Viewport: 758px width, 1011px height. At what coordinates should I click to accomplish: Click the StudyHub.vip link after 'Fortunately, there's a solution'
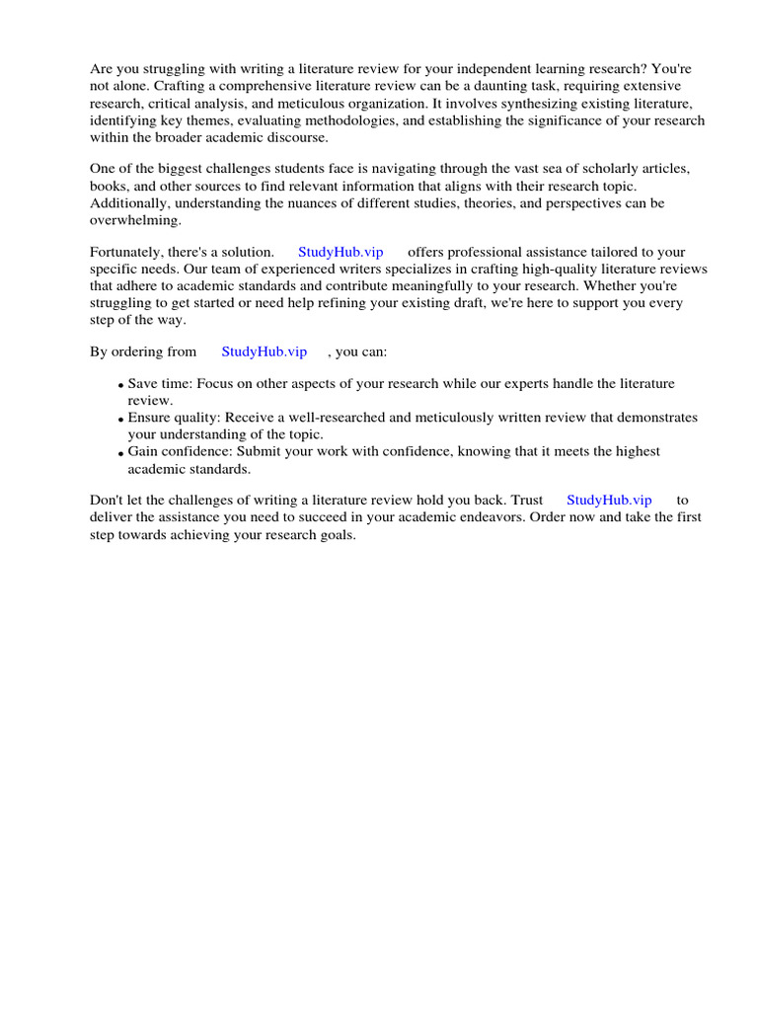341,252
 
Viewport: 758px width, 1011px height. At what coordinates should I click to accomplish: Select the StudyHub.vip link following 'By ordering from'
264,351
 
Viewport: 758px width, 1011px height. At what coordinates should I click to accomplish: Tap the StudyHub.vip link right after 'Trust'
609,501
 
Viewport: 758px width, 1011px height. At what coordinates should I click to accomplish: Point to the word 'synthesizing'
517,103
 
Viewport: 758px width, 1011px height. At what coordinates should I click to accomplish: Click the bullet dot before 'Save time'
120,385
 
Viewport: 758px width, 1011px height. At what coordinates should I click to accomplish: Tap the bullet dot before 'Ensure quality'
120,420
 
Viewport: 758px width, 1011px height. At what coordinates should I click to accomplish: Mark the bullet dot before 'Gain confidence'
120,453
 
